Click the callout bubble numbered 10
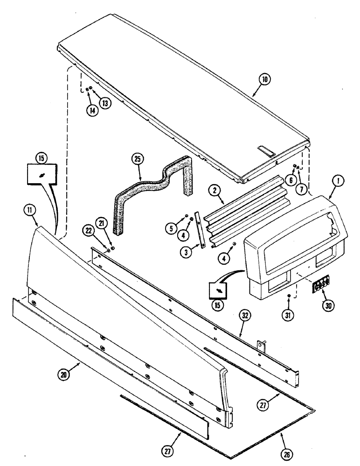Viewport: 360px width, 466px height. click(x=265, y=80)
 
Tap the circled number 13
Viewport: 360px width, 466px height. click(x=106, y=103)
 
